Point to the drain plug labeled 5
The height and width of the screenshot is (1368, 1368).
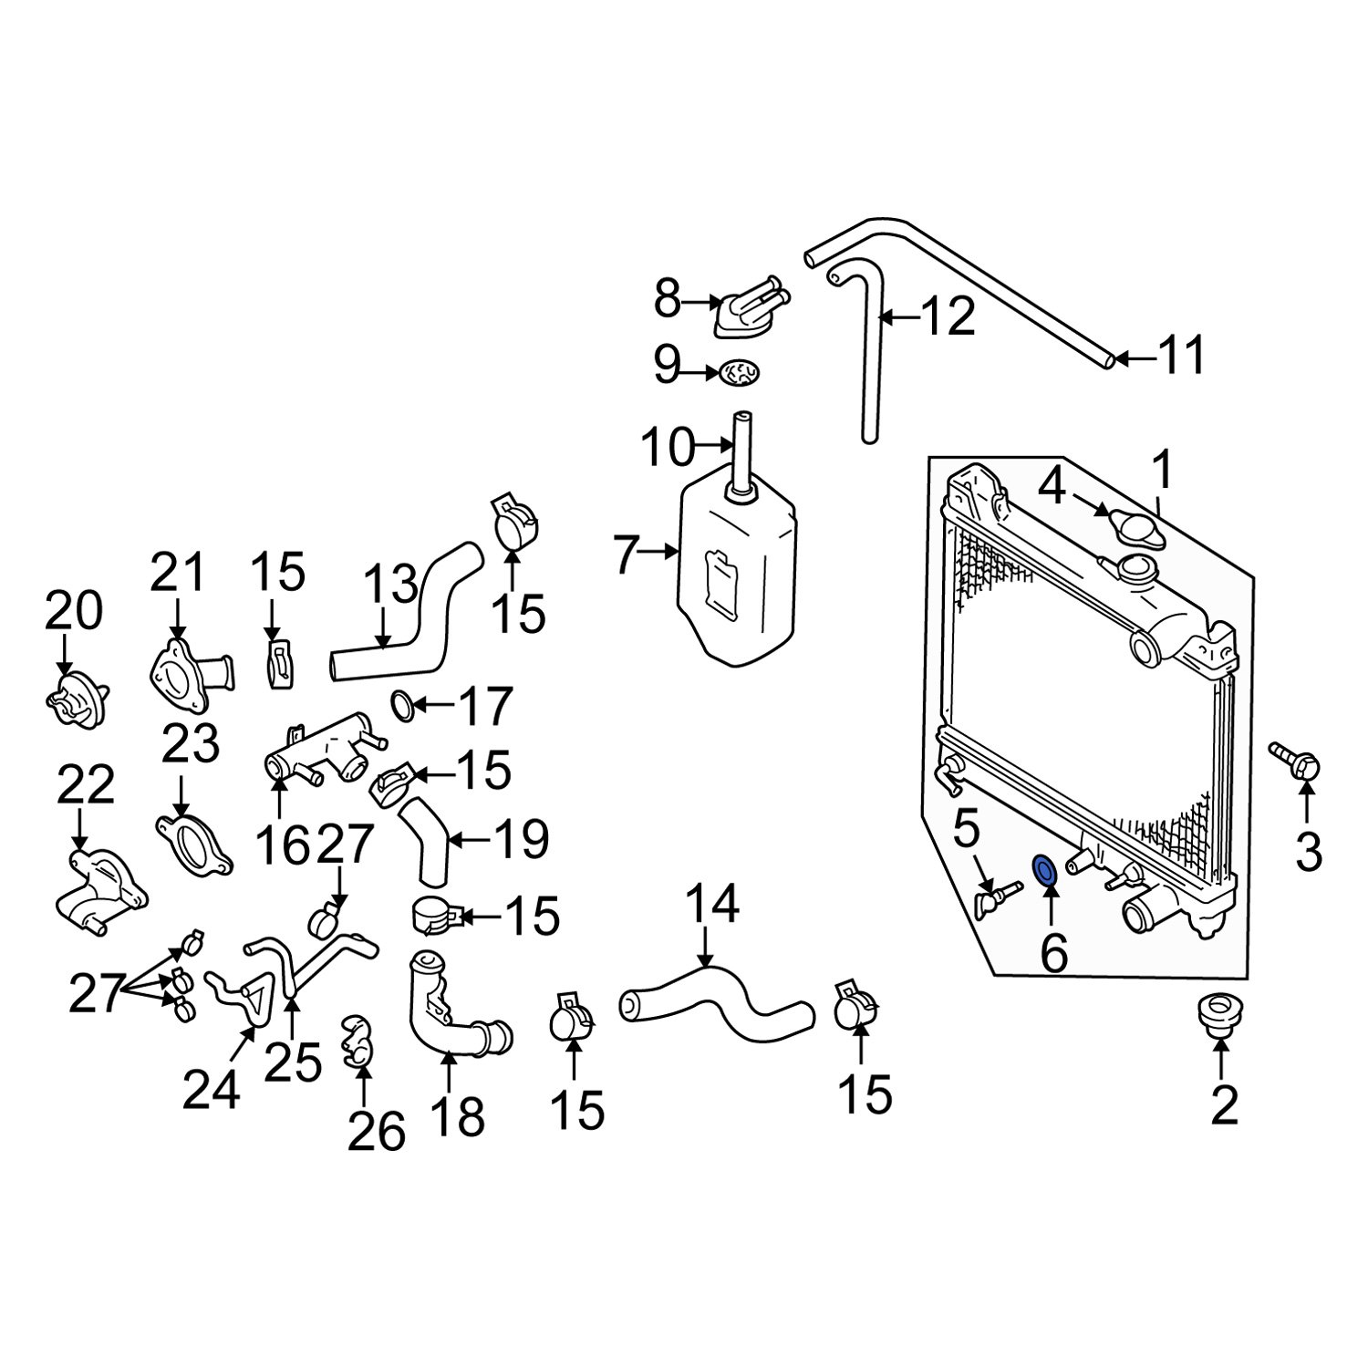[995, 900]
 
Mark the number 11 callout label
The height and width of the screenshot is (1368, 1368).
[1182, 356]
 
